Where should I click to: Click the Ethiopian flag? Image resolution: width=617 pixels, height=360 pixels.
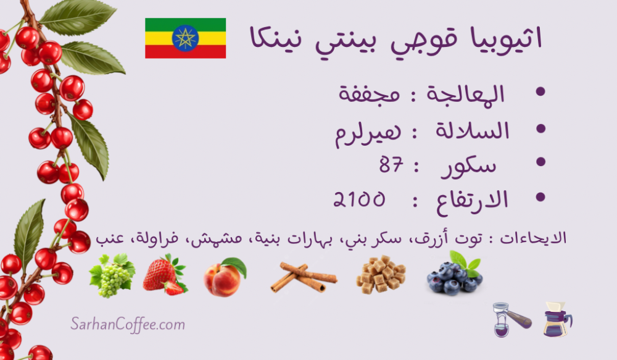point(185,38)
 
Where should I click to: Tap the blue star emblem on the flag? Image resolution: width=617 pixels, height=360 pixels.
point(185,38)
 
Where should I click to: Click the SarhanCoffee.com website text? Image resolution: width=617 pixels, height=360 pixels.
point(128,324)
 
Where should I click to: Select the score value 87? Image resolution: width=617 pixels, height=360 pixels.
point(391,164)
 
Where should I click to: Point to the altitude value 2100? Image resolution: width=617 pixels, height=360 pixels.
point(359,199)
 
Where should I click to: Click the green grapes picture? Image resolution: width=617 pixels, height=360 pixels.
point(112,275)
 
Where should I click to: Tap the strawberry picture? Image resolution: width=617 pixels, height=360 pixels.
point(165,275)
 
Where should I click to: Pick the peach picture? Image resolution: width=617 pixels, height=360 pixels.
point(225,277)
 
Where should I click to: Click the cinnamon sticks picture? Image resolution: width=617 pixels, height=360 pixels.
point(304,278)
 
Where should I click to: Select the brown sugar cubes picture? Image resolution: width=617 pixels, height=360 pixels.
point(381,275)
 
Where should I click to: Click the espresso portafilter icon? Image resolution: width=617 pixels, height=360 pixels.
point(511,320)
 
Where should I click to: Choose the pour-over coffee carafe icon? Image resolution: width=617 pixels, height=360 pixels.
point(558,319)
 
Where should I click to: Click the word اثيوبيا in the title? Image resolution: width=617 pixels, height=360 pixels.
point(506,40)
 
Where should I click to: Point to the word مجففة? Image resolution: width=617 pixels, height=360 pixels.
point(369,94)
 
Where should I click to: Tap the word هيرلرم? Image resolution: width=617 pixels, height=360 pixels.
point(368,133)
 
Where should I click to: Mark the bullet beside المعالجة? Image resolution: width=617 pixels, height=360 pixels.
point(540,92)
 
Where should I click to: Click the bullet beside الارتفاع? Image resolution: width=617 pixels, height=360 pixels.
point(540,197)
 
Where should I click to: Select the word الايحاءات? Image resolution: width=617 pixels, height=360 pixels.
point(533,238)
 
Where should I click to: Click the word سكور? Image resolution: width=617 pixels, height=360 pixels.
point(468,166)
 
